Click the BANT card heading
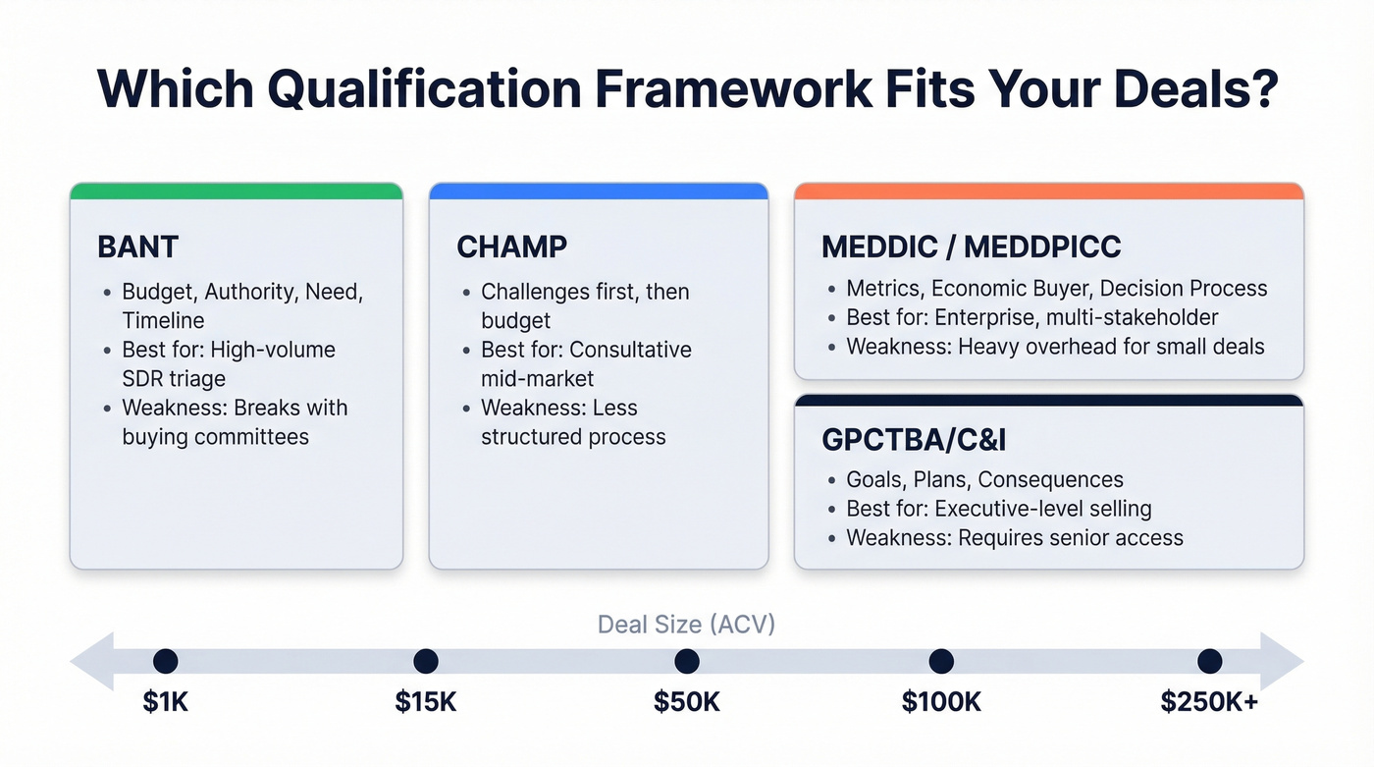(136, 247)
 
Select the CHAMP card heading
(511, 247)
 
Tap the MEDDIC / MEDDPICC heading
(971, 247)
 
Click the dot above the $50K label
(687, 661)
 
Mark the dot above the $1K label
(165, 661)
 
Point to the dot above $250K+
(1209, 661)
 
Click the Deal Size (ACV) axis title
(687, 624)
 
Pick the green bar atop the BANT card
(236, 191)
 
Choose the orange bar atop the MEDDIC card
(1048, 191)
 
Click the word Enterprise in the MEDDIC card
(980, 317)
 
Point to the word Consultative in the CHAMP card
(630, 350)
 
